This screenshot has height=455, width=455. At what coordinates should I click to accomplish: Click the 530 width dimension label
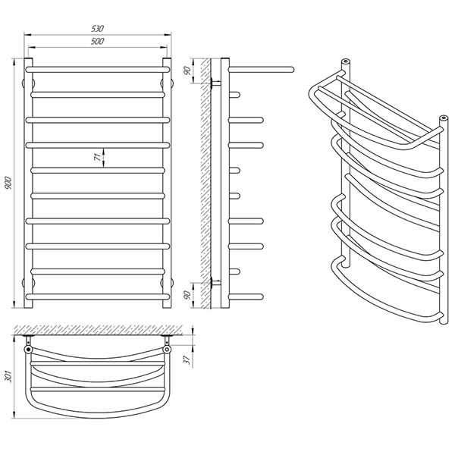tap(98, 29)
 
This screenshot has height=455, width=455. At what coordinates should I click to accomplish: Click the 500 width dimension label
tap(98, 41)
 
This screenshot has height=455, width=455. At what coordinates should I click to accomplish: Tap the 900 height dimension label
tap(8, 183)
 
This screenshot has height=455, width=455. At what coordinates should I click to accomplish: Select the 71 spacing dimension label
tap(98, 157)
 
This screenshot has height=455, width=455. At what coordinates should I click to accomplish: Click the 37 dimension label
tap(187, 359)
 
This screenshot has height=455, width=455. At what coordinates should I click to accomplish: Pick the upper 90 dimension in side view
tap(187, 71)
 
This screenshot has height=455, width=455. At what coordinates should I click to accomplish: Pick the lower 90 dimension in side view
tap(187, 295)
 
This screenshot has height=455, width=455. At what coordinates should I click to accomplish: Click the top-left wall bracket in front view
tap(28, 83)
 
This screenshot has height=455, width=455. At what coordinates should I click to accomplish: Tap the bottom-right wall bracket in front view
tap(167, 282)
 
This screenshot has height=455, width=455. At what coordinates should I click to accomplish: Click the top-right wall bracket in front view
tap(167, 83)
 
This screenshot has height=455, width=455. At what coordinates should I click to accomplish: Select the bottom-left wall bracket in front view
tap(28, 282)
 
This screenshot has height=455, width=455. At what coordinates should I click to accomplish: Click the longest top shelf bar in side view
tap(262, 70)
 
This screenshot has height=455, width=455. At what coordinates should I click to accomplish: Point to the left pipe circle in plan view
tap(28, 349)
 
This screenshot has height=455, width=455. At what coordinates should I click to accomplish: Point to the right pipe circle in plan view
tap(167, 349)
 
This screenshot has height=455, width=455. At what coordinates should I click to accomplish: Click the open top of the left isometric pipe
tap(345, 61)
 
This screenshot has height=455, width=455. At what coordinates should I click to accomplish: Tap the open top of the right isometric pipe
tap(444, 118)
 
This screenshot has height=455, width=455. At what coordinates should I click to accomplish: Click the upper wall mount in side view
tap(215, 83)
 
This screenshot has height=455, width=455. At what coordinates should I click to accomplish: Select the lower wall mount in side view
tap(215, 282)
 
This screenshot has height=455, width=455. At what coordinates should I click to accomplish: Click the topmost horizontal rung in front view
tap(98, 70)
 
